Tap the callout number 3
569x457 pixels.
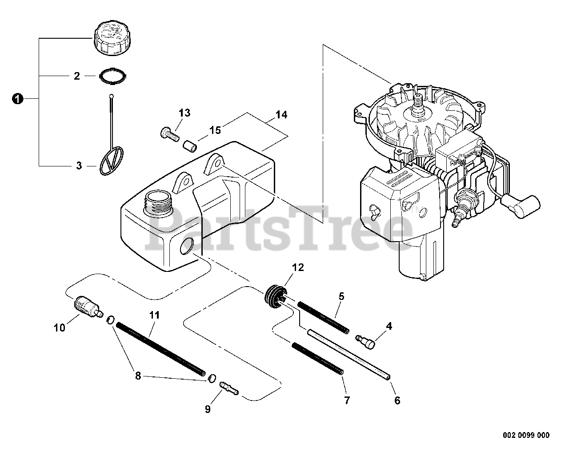click(79, 166)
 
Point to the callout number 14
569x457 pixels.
click(281, 115)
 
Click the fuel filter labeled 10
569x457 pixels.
click(85, 307)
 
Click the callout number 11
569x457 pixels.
click(154, 315)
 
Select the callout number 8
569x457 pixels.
click(138, 376)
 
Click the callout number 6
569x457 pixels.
click(397, 400)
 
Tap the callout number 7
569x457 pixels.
click(346, 400)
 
